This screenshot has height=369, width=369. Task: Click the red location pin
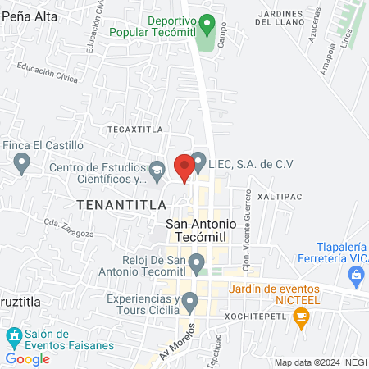pos(184,166)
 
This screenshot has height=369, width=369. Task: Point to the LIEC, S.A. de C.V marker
pos(197,163)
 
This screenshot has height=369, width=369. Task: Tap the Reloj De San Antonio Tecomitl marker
pos(196,264)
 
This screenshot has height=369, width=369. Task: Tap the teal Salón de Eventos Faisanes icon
pos(13,335)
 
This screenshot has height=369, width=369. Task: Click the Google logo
pos(28,358)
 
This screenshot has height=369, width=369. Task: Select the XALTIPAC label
pos(280,198)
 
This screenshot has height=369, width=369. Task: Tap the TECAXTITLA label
pos(131,130)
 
